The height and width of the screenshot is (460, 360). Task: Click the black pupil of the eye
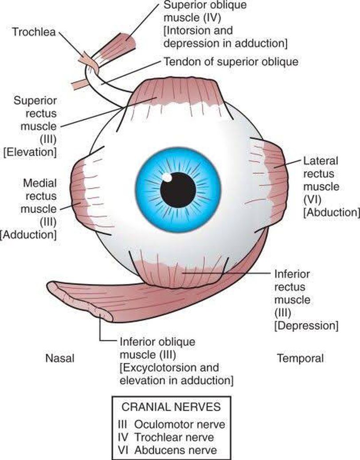click(x=178, y=190)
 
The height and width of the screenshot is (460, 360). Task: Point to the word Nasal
click(x=59, y=358)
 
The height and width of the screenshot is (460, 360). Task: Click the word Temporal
click(x=300, y=358)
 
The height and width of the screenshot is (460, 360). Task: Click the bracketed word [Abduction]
click(x=331, y=212)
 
